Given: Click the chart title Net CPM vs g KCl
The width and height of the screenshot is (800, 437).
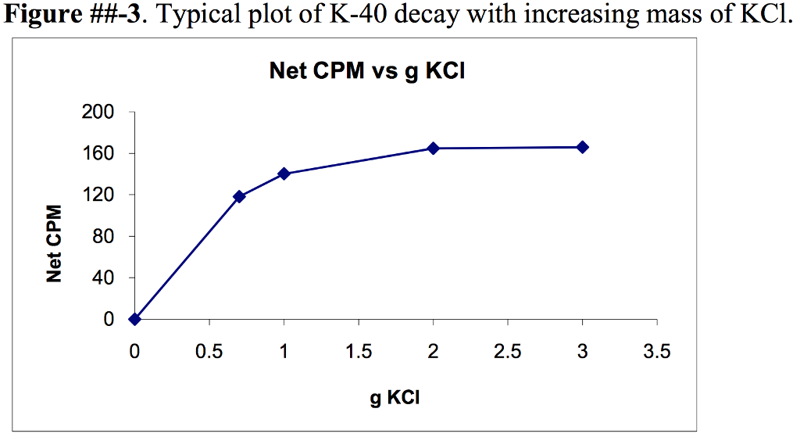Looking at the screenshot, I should pyautogui.click(x=372, y=72).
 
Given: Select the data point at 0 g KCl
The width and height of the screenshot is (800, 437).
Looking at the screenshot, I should pyautogui.click(x=135, y=319).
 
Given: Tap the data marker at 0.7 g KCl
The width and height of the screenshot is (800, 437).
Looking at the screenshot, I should pyautogui.click(x=239, y=196).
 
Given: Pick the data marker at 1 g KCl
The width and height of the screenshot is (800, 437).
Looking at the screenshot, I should pyautogui.click(x=284, y=174).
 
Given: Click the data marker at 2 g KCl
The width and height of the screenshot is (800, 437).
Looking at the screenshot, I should pyautogui.click(x=433, y=149).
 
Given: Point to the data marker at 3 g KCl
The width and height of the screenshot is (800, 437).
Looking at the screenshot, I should pyautogui.click(x=582, y=147).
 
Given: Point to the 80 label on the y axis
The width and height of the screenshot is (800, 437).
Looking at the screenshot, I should pyautogui.click(x=103, y=237).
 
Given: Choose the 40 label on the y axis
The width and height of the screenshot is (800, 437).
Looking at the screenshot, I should pyautogui.click(x=103, y=278).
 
